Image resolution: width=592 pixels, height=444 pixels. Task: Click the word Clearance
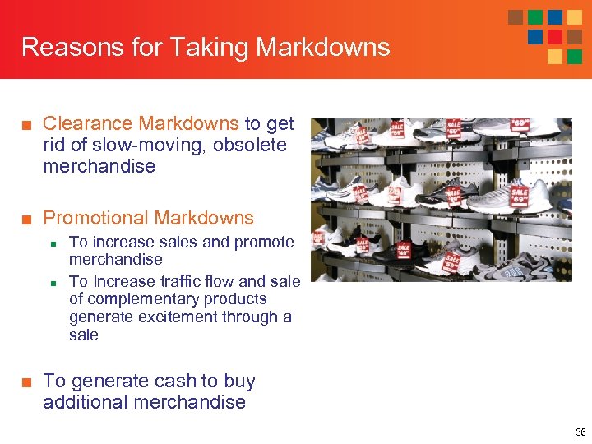[87, 123]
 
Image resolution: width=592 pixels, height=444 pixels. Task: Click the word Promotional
[95, 218]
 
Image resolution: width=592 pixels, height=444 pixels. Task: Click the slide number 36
[580, 432]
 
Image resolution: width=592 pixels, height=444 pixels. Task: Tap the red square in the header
[555, 37]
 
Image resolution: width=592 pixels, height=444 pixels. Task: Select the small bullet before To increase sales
[53, 243]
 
